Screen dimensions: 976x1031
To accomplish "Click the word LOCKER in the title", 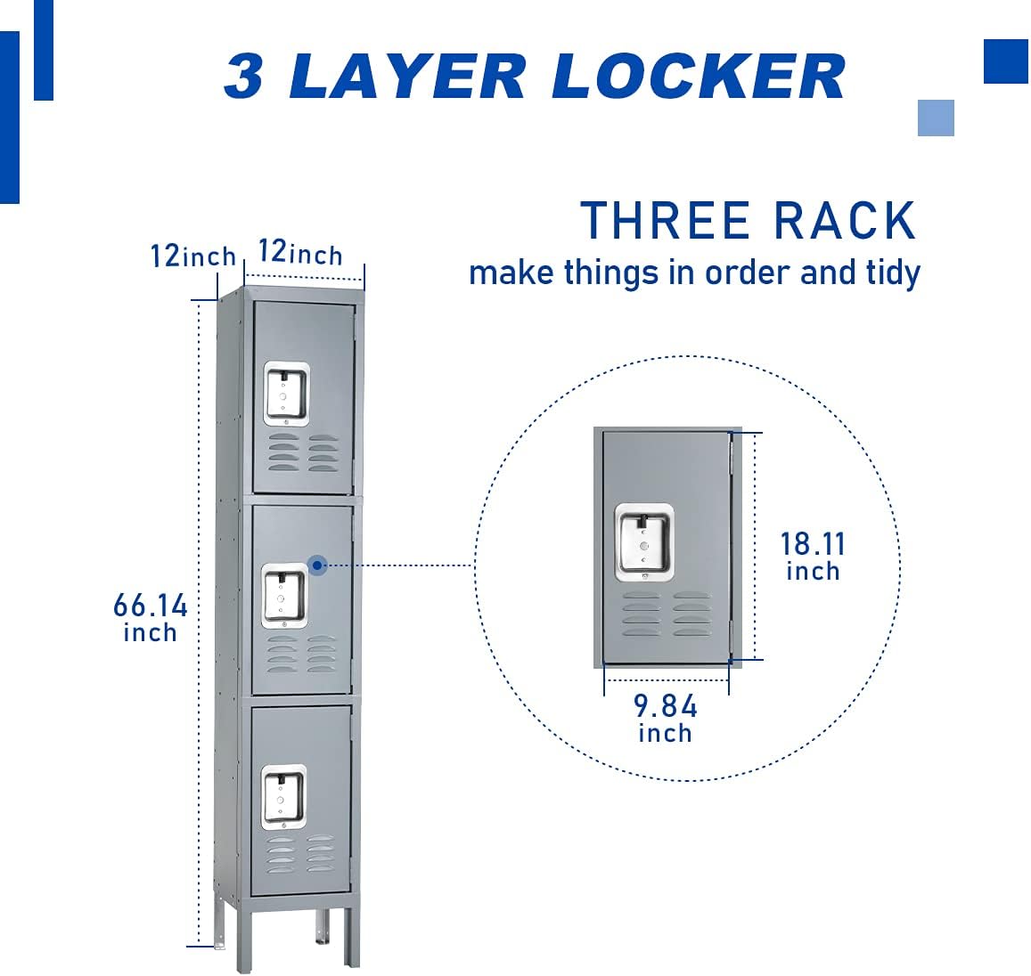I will click(x=698, y=77).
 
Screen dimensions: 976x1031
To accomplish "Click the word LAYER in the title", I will click(x=406, y=77).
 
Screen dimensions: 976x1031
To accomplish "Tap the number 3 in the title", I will click(x=243, y=77).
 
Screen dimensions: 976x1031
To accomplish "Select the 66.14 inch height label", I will click(x=151, y=617).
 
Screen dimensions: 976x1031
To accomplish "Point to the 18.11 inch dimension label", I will click(x=813, y=556).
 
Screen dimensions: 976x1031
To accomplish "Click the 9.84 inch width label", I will click(x=665, y=718).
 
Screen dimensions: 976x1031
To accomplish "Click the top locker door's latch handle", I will click(x=286, y=393).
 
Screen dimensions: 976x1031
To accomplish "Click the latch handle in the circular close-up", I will click(x=643, y=542).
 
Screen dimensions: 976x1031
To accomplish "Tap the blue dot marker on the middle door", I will click(x=317, y=565).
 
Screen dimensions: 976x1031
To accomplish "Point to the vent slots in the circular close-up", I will click(x=667, y=614).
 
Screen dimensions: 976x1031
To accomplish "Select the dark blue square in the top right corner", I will click(x=1006, y=61).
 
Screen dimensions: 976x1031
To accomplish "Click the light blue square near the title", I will click(x=936, y=118).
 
